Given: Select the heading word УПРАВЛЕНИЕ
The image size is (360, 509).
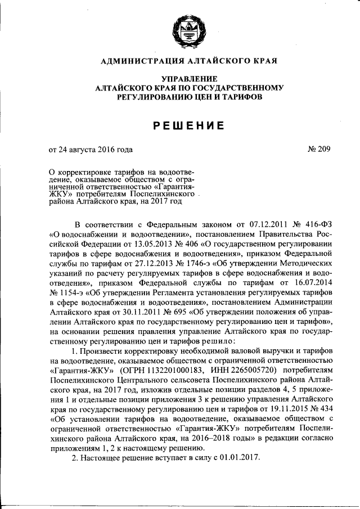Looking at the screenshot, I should click(x=189, y=79).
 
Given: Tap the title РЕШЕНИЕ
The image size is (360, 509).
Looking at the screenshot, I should click(x=189, y=125).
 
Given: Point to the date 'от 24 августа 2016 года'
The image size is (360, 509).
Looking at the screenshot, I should click(x=91, y=150).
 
